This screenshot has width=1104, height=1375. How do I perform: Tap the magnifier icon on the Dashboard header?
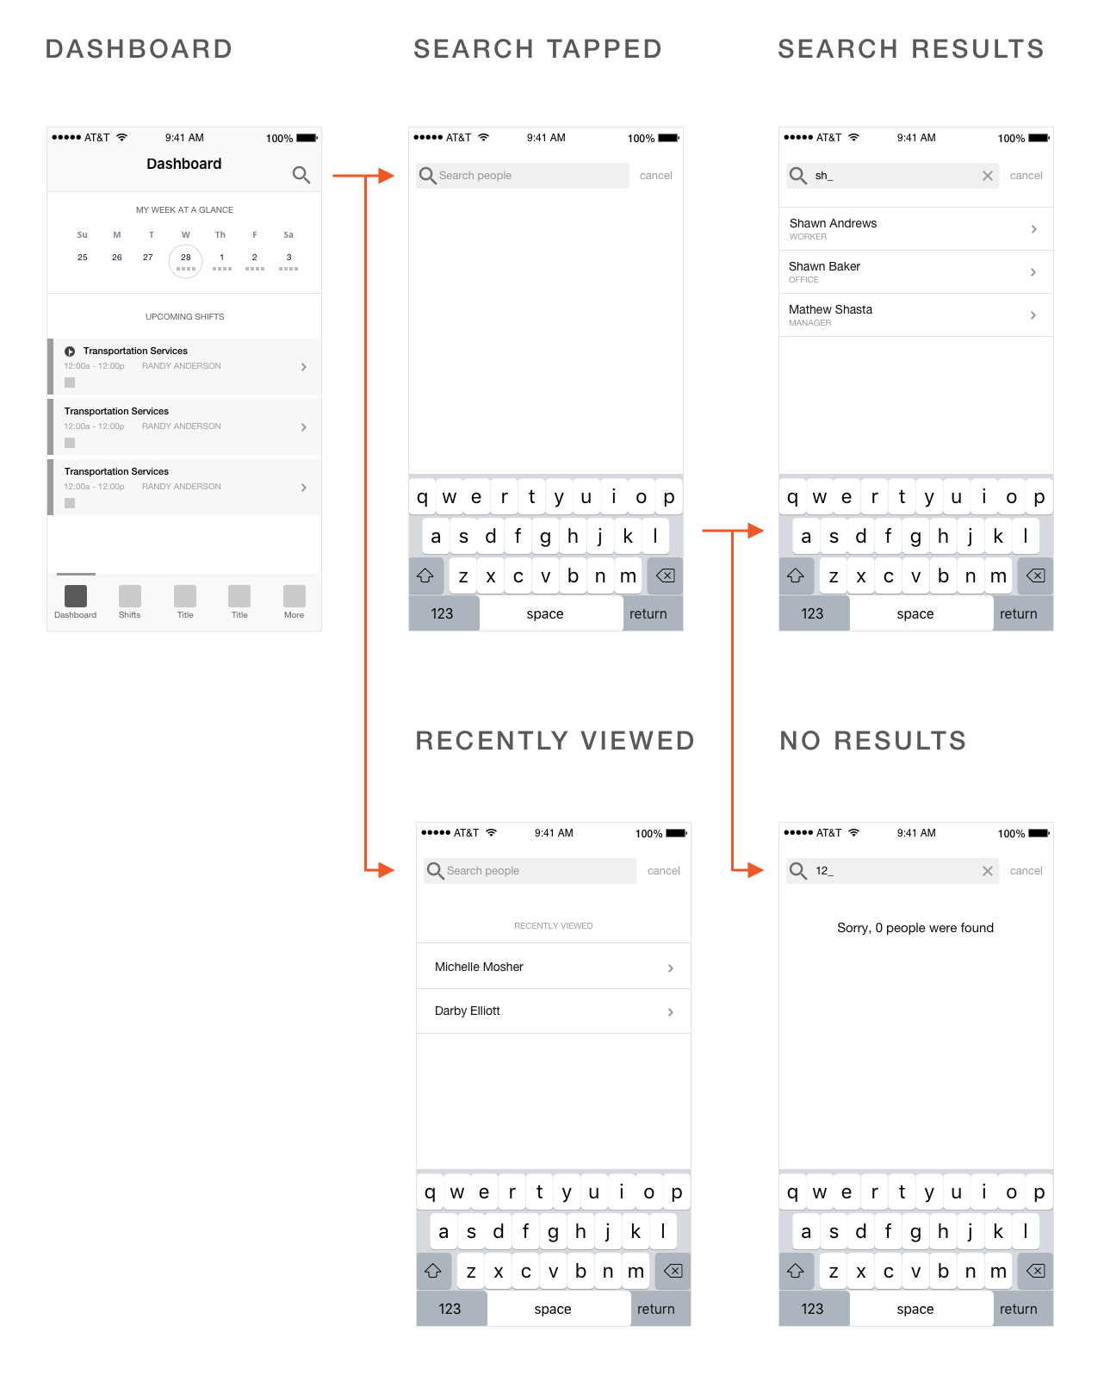coord(301,174)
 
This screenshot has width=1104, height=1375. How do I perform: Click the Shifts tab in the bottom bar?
coord(130,601)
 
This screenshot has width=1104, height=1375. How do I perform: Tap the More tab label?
coord(294,614)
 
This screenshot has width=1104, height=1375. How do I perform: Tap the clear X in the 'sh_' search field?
coord(987,175)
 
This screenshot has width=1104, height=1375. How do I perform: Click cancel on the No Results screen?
coord(1026,870)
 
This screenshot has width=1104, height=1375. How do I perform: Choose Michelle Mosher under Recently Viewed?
coord(553,967)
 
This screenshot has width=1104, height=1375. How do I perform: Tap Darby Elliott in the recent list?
coord(553,1011)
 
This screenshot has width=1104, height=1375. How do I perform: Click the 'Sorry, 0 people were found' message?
coord(915,928)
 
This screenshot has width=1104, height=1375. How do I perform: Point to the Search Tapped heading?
coord(537,49)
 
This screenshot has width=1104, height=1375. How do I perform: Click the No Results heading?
coord(872,741)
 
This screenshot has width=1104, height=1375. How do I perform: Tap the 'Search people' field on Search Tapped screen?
coord(522,175)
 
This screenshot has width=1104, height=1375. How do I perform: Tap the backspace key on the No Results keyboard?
coord(1035,1270)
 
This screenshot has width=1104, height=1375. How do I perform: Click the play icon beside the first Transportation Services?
coord(70,351)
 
